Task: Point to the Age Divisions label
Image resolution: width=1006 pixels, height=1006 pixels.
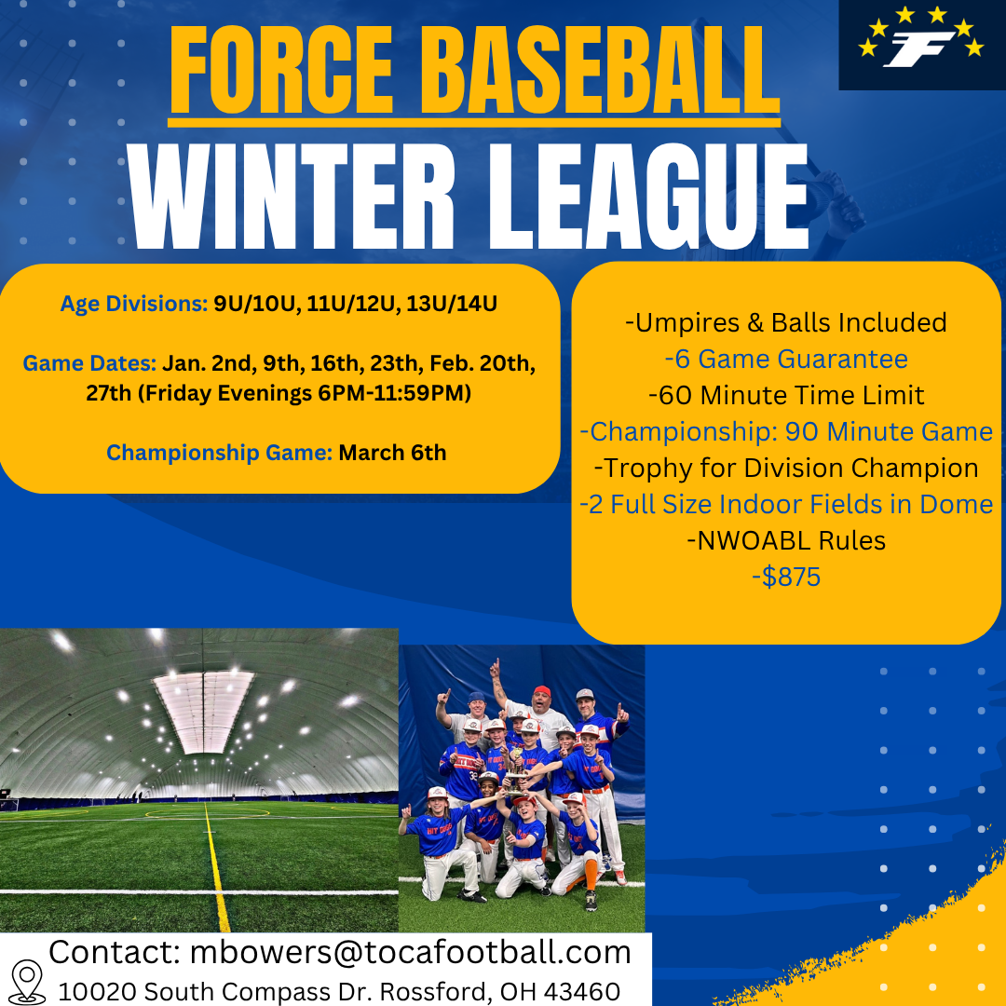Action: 134,304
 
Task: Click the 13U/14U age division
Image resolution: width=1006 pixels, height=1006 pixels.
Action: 452,304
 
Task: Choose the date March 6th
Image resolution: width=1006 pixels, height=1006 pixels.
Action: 393,453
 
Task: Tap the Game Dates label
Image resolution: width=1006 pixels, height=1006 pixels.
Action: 89,363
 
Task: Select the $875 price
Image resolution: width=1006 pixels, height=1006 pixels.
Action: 786,577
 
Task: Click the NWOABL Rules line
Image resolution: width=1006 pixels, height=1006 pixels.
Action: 786,540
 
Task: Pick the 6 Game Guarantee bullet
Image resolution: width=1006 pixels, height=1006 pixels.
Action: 786,359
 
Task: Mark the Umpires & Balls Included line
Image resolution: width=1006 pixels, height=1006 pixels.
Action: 786,322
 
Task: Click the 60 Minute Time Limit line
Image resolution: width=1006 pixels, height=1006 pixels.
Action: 786,395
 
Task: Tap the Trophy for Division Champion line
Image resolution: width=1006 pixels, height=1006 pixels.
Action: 786,468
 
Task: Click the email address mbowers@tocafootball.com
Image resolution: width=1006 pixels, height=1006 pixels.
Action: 411,952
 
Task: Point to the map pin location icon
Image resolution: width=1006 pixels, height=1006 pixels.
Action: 28,982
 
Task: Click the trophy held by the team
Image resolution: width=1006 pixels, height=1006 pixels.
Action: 515,773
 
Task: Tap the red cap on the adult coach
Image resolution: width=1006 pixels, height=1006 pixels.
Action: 542,691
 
